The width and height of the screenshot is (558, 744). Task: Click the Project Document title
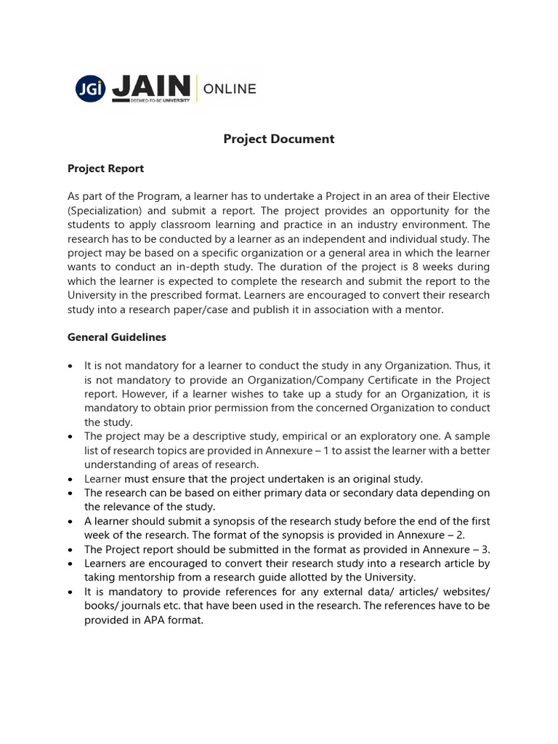pos(279,139)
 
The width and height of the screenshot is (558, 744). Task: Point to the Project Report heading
pos(105,169)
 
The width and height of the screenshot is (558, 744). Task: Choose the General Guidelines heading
pos(117,337)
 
